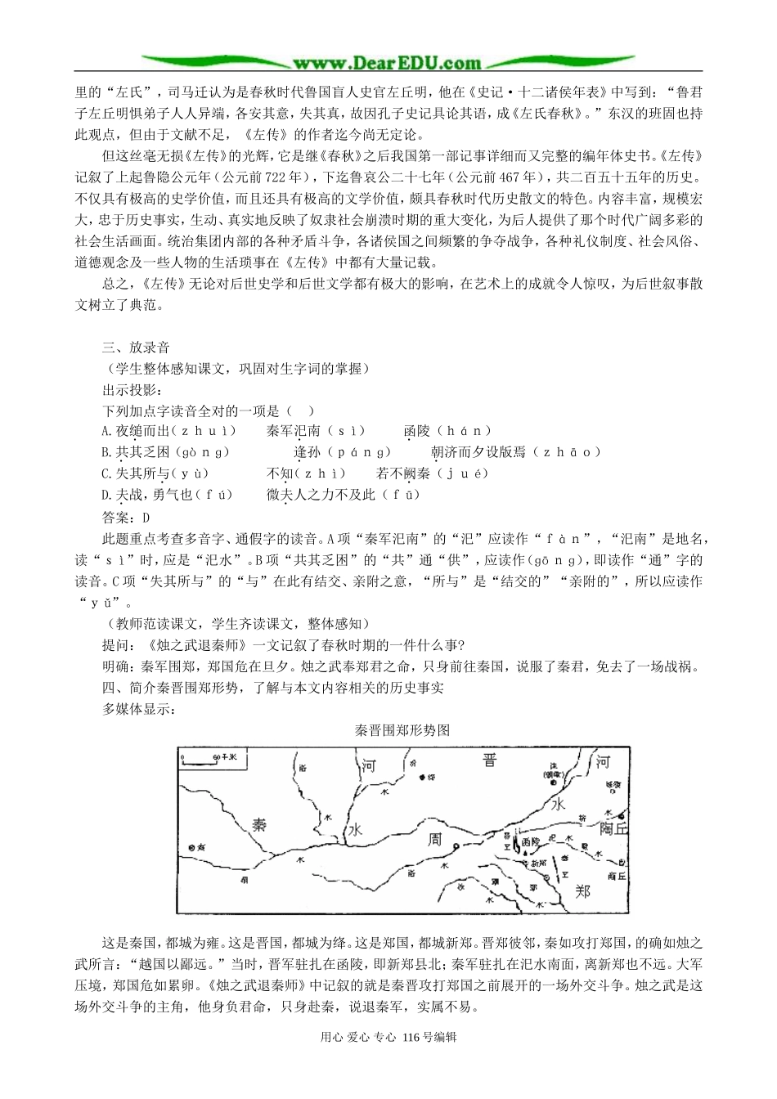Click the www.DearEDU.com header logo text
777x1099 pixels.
click(x=388, y=61)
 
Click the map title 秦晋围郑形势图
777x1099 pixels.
click(x=402, y=730)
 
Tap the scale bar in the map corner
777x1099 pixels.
click(x=211, y=760)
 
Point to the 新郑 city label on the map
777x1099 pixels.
click(x=537, y=863)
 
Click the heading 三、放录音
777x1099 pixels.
click(x=136, y=348)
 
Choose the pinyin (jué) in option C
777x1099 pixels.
click(x=462, y=473)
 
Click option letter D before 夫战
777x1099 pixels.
click(x=106, y=495)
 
